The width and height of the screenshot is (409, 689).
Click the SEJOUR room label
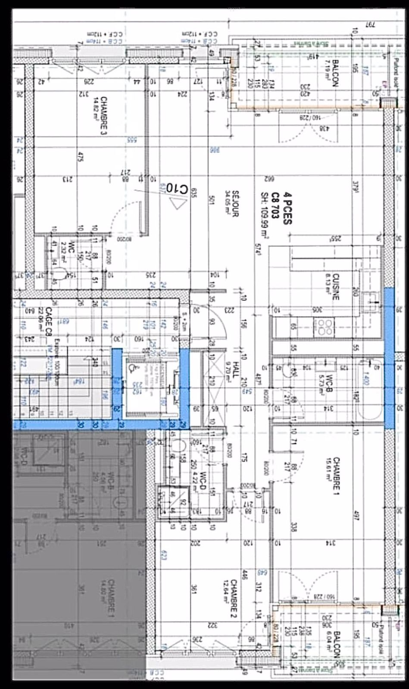click(235, 203)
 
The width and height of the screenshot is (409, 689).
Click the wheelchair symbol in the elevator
click(132, 368)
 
